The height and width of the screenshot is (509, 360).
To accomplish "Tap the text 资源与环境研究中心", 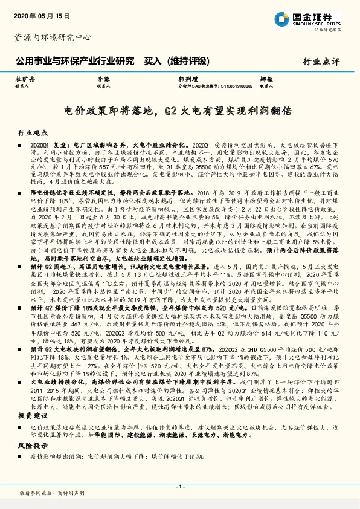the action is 52,37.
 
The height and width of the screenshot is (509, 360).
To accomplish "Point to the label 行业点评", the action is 321,61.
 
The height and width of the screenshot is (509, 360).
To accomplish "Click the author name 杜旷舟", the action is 25,79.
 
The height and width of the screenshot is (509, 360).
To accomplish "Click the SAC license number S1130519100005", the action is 227,86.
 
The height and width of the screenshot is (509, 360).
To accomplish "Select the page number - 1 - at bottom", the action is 179,487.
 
